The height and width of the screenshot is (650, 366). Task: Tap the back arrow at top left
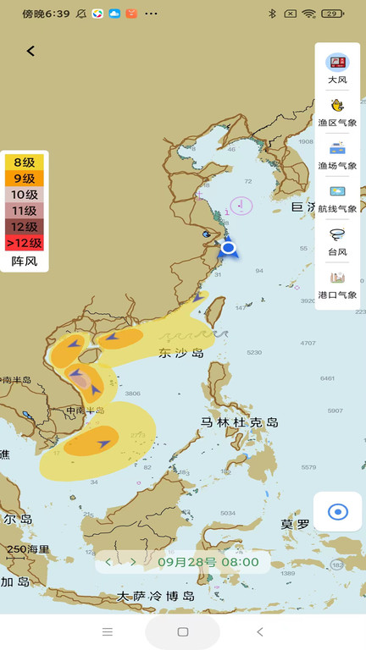pyautogui.click(x=30, y=51)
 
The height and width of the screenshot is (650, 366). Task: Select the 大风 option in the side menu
pyautogui.click(x=338, y=69)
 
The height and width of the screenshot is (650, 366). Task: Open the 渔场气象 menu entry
pyautogui.click(x=338, y=155)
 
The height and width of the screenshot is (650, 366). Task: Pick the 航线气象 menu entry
pyautogui.click(x=338, y=198)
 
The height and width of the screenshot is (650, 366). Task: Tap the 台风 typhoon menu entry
pyautogui.click(x=338, y=241)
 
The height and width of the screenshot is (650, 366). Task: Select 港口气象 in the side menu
pyautogui.click(x=338, y=284)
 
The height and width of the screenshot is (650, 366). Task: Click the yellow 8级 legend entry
pyautogui.click(x=24, y=162)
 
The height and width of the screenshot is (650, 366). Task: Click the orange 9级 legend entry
pyautogui.click(x=24, y=179)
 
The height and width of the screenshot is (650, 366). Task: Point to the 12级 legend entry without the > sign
pyautogui.click(x=24, y=227)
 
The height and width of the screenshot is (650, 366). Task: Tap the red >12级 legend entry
pyautogui.click(x=24, y=243)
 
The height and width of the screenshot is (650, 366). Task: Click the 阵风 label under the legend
pyautogui.click(x=24, y=262)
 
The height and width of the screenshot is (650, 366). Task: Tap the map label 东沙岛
pyautogui.click(x=181, y=353)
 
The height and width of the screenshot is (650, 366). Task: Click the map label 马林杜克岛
pyautogui.click(x=240, y=422)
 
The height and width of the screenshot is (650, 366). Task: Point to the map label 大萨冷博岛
pyautogui.click(x=156, y=597)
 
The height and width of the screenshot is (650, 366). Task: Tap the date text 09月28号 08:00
pyautogui.click(x=208, y=562)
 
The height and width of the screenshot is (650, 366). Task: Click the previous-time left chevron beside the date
pyautogui.click(x=108, y=562)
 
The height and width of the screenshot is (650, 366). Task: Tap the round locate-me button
pyautogui.click(x=338, y=511)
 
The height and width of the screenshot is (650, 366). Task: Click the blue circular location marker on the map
pyautogui.click(x=227, y=247)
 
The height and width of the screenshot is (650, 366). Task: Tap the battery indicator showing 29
pyautogui.click(x=333, y=14)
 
